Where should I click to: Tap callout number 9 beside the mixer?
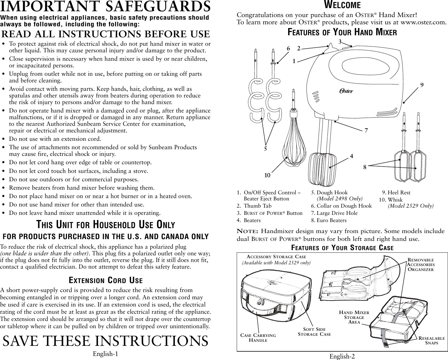pos(422,85)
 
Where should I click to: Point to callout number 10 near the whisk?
pos(267,175)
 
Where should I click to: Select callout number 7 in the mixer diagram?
pos(366,130)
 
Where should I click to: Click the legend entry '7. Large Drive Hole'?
pos(334,213)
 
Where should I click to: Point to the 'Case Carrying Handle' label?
pos(258,337)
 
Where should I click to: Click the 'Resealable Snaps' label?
pos(432,340)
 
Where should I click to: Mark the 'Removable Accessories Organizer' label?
pos(421,265)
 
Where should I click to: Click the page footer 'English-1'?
pos(105,354)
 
